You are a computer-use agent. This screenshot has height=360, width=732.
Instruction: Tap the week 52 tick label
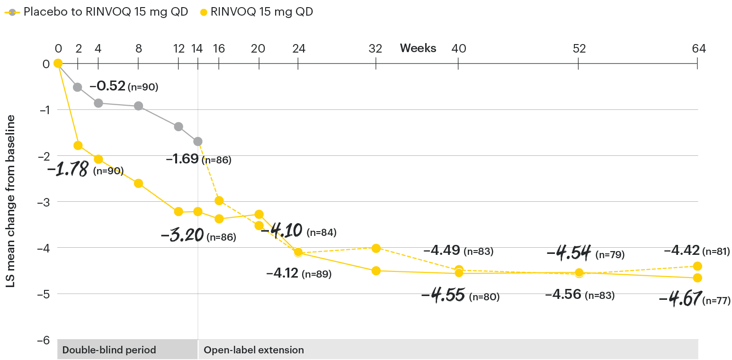579,48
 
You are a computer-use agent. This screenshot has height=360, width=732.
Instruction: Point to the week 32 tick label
376,48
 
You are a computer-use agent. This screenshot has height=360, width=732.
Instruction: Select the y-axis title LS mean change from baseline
10,201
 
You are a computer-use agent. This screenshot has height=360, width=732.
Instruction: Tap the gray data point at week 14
198,141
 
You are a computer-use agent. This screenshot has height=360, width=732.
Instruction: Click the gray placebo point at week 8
138,106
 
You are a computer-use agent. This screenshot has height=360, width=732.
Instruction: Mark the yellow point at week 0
58,63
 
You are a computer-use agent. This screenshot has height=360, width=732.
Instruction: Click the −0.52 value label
107,86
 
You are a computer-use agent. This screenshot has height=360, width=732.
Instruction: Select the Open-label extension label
253,351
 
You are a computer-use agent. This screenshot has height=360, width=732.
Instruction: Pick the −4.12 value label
282,273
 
